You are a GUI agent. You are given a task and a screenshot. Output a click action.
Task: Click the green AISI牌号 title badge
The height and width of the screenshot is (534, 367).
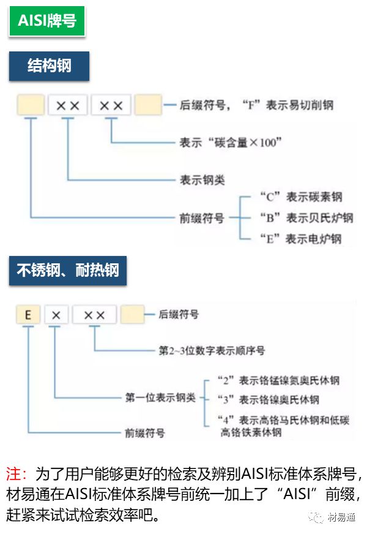click(x=46, y=21)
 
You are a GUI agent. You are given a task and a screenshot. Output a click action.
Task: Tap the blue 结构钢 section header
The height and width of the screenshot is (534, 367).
click(x=49, y=66)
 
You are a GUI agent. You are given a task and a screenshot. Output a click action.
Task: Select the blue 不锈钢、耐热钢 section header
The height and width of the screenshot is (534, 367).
click(x=67, y=270)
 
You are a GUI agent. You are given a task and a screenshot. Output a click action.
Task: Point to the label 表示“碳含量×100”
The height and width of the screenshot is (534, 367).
click(x=231, y=142)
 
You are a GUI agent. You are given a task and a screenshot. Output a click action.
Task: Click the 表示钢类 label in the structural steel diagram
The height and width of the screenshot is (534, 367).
click(x=202, y=179)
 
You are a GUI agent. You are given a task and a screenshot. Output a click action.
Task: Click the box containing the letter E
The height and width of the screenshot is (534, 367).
click(x=28, y=315)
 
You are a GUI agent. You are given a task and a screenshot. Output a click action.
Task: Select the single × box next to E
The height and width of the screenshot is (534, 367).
click(x=56, y=315)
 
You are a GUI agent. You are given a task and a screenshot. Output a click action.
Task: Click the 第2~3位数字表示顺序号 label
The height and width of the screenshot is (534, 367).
click(x=212, y=351)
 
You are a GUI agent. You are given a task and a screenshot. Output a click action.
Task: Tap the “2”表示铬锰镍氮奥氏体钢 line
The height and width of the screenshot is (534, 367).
click(x=278, y=380)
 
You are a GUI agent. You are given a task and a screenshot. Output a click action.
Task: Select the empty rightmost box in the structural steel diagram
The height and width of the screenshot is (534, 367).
click(x=147, y=105)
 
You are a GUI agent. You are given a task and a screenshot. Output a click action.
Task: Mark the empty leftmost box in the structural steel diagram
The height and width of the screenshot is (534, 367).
click(x=31, y=105)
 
